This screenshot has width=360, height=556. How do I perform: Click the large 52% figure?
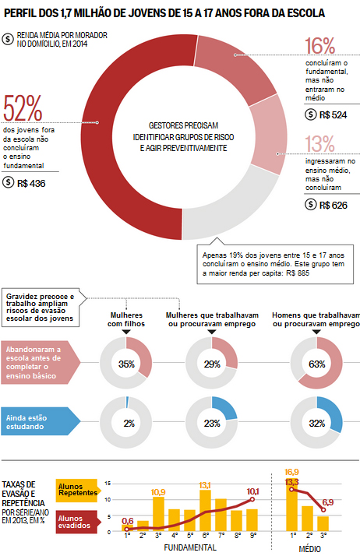tap(23, 107)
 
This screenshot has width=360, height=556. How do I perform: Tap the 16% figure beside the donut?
tap(320, 46)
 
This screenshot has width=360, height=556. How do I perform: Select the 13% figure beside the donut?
tap(320, 143)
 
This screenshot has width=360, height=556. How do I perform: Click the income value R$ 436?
tap(31, 183)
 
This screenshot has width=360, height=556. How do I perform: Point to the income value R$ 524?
tap(333, 115)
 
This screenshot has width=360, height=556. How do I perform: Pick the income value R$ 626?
tap(334, 206)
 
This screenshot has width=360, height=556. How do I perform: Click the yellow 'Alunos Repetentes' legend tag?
tap(77, 491)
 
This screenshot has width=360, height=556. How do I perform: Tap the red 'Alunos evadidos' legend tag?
tap(77, 522)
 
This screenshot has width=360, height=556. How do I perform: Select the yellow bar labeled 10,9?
tap(158, 514)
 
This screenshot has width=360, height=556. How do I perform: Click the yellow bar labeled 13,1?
tap(205, 511)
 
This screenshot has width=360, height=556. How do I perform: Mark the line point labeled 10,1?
tap(252, 499)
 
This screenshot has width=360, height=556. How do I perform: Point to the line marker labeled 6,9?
tap(323, 510)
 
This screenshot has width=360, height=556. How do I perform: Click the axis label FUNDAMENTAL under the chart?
tap(190, 547)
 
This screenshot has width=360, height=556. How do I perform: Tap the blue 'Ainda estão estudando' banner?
tap(40, 421)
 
